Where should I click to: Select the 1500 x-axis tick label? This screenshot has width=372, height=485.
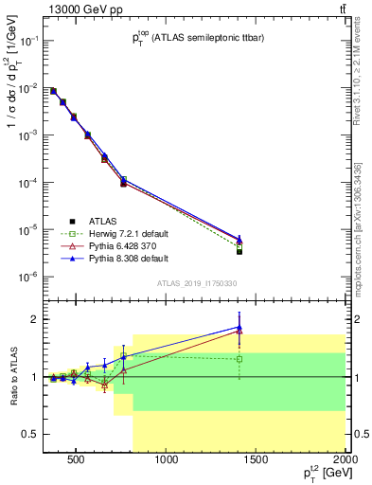[x=257, y=461]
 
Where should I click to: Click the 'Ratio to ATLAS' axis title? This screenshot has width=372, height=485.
[x=13, y=377]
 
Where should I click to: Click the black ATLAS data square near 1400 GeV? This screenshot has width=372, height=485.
[x=239, y=251]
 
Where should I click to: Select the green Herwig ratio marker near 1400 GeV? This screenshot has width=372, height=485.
[x=239, y=360]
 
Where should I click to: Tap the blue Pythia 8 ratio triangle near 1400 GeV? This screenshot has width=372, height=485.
[x=239, y=327]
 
